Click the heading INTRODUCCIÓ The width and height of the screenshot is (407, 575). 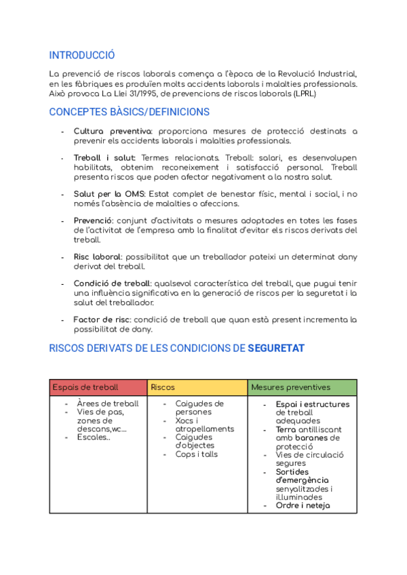(x=82, y=56)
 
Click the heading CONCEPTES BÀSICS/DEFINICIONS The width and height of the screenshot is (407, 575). (x=130, y=112)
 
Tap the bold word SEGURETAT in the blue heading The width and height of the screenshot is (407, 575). (x=276, y=349)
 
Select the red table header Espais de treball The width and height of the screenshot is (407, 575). (x=85, y=387)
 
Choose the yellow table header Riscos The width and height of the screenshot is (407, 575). (x=163, y=387)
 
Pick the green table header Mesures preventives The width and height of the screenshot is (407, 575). (x=291, y=387)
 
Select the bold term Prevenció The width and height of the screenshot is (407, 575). (x=93, y=221)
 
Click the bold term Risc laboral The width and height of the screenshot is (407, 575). (x=98, y=257)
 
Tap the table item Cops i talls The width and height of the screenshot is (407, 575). (x=197, y=454)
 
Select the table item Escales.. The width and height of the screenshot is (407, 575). (x=93, y=437)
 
